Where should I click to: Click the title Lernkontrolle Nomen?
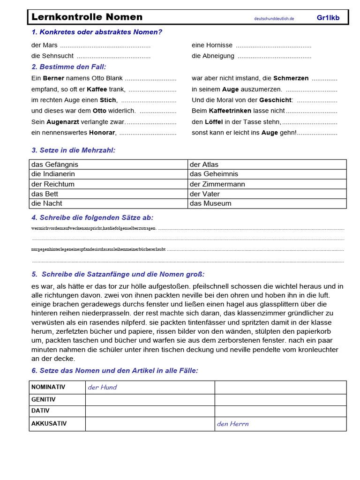point(87,17)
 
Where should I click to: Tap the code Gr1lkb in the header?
point(328,18)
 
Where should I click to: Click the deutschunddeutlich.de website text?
point(274,19)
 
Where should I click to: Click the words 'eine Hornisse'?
point(212,45)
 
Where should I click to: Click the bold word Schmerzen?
point(291,78)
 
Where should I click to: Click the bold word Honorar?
point(102,133)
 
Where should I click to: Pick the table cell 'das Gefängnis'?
point(55,165)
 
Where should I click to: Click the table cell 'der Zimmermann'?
point(217,184)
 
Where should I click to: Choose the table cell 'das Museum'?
point(210,203)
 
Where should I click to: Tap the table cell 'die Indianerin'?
point(53,174)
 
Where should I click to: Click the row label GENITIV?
point(43,399)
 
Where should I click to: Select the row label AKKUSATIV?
point(49,423)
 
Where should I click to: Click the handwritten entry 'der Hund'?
point(102,387)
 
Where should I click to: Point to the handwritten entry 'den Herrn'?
point(232,424)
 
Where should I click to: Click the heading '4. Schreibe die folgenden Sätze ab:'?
point(92,217)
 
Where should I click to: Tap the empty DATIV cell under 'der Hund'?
point(150,411)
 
